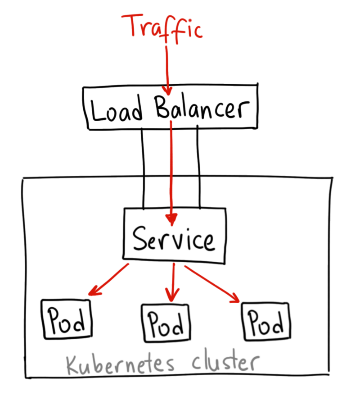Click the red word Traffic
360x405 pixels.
point(164,27)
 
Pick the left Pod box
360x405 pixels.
point(66,319)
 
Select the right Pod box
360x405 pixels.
point(266,321)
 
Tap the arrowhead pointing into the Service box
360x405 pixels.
point(171,219)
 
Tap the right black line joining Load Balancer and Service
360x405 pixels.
point(198,167)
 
